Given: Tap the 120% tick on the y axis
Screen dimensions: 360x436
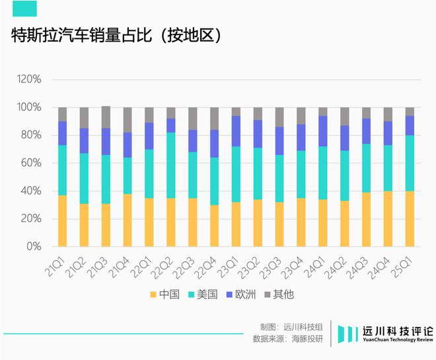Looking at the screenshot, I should [29, 79].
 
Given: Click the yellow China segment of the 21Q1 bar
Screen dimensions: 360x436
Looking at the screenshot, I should [62, 221].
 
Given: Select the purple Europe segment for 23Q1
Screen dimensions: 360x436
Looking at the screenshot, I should [236, 131].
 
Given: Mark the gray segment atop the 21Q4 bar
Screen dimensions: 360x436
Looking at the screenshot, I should [127, 120].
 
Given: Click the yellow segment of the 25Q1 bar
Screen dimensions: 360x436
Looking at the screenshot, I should [409, 219].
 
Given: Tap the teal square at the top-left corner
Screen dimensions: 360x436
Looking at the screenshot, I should [24, 8].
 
